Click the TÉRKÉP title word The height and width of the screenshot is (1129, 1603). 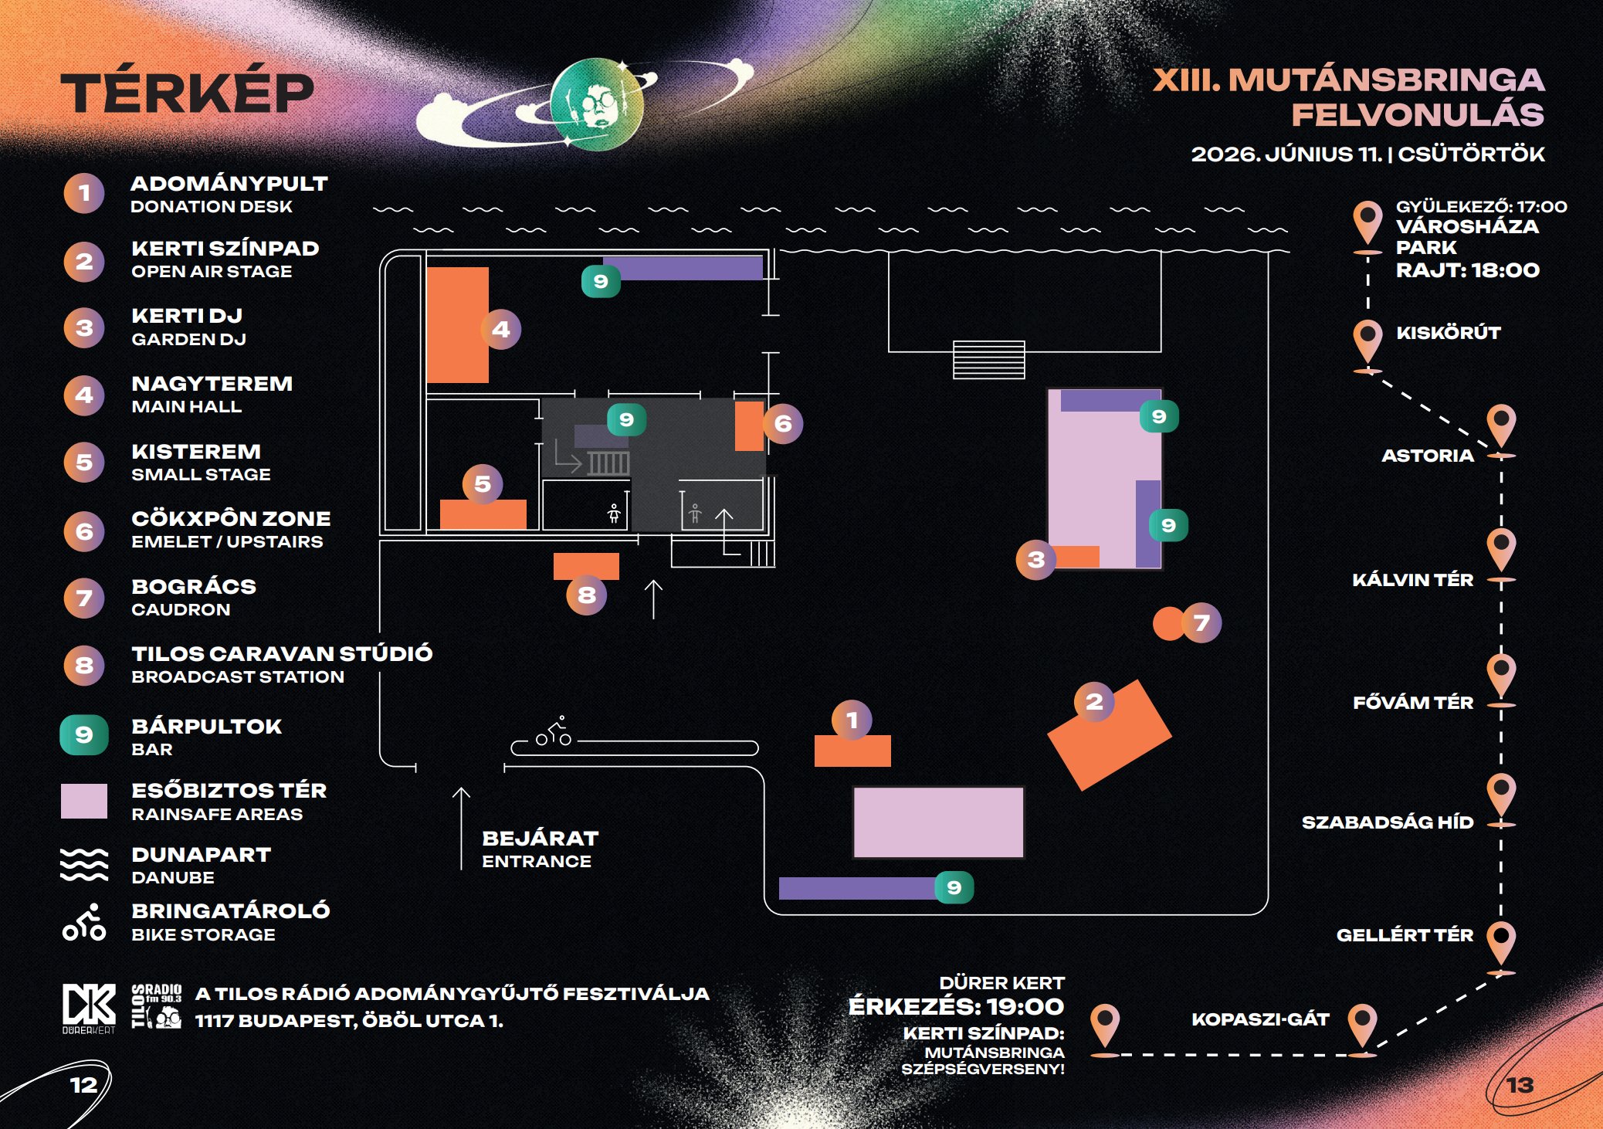pyautogui.click(x=188, y=93)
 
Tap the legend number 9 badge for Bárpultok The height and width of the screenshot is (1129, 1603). pyautogui.click(x=84, y=734)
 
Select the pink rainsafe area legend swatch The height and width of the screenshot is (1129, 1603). pyautogui.click(x=84, y=801)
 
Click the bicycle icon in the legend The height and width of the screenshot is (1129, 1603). pyautogui.click(x=84, y=922)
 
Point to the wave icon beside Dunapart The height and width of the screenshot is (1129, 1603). pyautogui.click(x=84, y=864)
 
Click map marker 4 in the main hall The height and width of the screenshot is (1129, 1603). pyautogui.click(x=500, y=330)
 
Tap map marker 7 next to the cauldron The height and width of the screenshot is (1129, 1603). pyautogui.click(x=1201, y=622)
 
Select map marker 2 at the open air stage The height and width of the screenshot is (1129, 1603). pyautogui.click(x=1094, y=702)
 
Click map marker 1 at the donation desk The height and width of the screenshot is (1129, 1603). pyautogui.click(x=852, y=720)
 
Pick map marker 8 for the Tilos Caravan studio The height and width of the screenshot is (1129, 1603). pyautogui.click(x=587, y=595)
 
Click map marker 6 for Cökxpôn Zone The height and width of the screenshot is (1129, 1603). pyautogui.click(x=783, y=423)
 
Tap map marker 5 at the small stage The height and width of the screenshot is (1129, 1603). pyautogui.click(x=483, y=484)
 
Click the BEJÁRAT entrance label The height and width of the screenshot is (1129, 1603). pyautogui.click(x=541, y=839)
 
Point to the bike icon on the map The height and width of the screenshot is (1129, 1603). pyautogui.click(x=554, y=731)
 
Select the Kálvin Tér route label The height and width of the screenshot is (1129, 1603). pyautogui.click(x=1412, y=580)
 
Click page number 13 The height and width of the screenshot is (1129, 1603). pyautogui.click(x=1520, y=1086)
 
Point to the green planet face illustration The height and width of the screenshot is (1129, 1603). pyautogui.click(x=597, y=104)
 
